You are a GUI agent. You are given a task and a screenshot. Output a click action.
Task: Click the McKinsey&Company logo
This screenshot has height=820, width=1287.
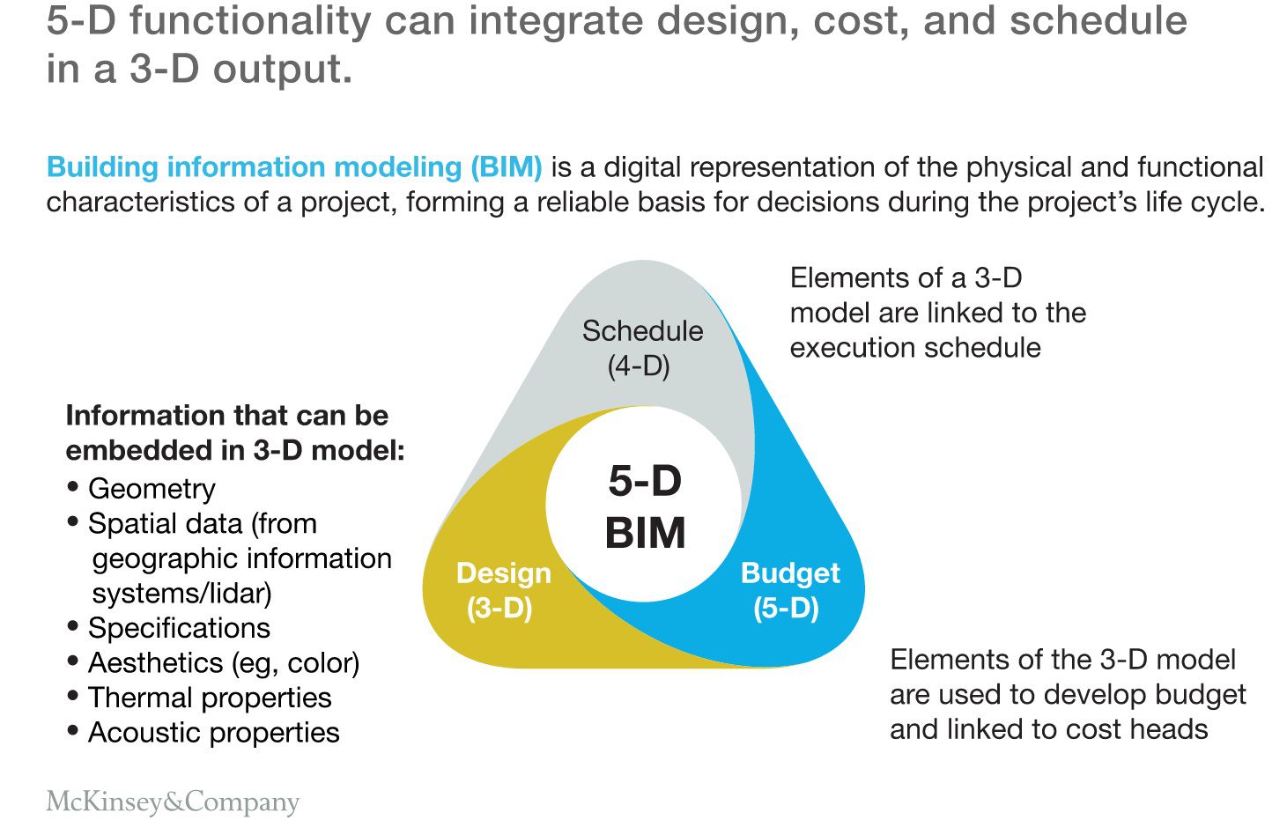point(173,802)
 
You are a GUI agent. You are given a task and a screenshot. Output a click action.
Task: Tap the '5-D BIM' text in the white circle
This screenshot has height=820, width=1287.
point(645,506)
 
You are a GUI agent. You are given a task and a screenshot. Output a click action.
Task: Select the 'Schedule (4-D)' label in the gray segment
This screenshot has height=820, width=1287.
point(642,348)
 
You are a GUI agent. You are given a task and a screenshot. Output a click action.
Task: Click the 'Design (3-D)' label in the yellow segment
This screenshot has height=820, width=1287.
point(503,590)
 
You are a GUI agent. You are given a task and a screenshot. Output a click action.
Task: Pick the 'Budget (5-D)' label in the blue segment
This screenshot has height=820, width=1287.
point(789,590)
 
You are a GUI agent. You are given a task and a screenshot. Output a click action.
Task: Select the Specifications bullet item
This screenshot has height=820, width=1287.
point(179,628)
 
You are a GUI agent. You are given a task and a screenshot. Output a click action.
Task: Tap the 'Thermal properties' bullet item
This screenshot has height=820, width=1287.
point(210,698)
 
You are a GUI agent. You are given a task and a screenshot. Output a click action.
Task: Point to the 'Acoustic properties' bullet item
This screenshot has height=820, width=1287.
point(213,733)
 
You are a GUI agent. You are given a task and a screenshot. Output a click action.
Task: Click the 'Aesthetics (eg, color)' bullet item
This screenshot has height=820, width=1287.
point(224,662)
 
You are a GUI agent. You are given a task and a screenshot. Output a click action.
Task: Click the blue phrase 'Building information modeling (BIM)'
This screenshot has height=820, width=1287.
point(294,166)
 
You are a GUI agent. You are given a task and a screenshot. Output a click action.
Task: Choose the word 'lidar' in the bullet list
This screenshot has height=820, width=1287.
point(237,593)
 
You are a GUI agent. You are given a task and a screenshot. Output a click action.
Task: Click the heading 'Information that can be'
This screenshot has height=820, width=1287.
point(226,415)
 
